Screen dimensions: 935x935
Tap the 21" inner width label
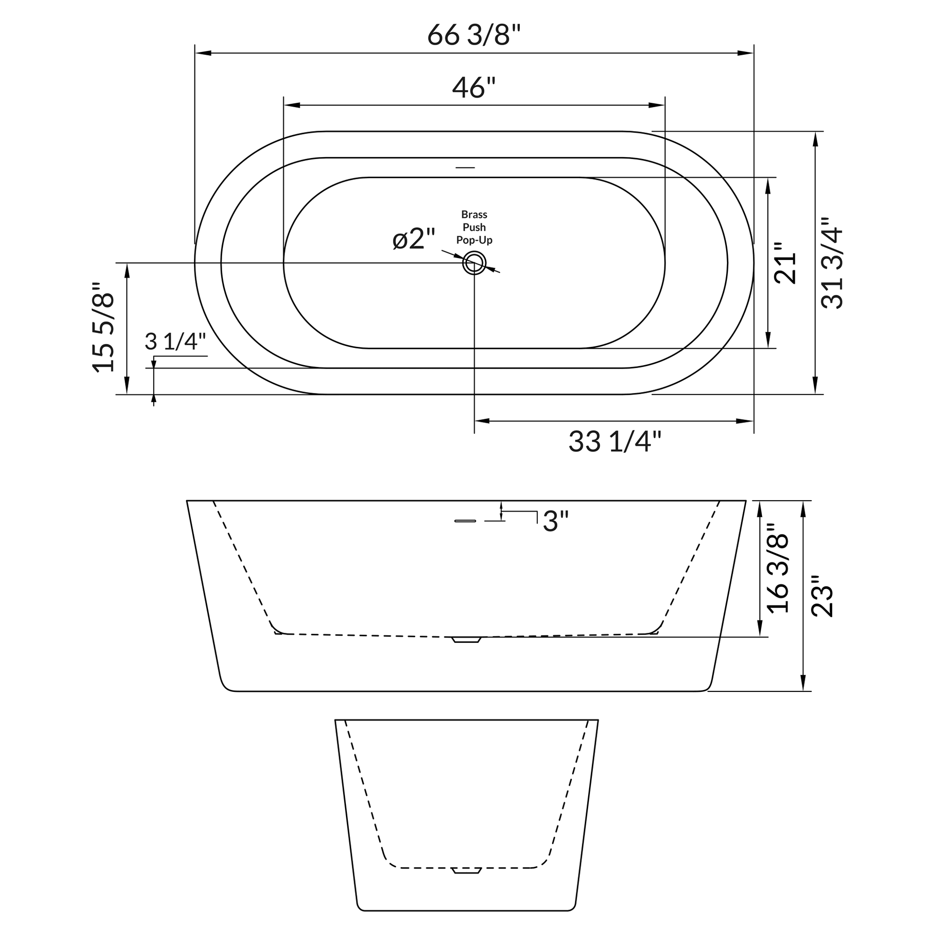785,263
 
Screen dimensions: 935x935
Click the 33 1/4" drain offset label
614,442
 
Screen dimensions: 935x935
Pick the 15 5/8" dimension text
104,327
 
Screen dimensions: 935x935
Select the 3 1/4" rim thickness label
176,342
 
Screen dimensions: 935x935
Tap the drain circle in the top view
474,263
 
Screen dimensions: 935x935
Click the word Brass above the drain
474,214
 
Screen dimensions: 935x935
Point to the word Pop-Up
474,240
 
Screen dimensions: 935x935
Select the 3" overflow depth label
555,522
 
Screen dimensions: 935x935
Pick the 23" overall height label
822,596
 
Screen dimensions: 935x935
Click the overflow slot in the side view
465,521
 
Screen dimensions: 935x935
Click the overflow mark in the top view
466,168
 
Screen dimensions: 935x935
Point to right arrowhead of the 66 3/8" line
745,53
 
